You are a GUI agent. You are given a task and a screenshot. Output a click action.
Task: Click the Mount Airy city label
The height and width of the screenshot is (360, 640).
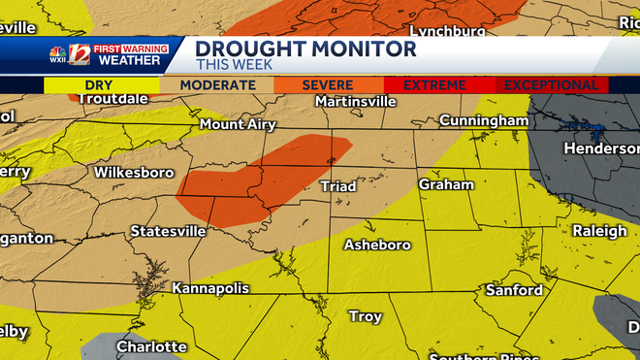(x=238, y=124)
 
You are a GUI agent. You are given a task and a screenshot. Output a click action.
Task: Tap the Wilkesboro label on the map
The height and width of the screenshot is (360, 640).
(x=134, y=173)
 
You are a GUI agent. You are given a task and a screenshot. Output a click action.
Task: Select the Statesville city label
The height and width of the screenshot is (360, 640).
(x=168, y=231)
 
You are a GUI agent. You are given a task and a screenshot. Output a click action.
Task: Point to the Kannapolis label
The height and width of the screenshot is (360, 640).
(x=210, y=288)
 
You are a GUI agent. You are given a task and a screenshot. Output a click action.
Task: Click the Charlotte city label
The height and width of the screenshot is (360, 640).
(x=151, y=346)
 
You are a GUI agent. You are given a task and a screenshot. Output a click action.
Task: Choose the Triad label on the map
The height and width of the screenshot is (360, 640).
(x=337, y=185)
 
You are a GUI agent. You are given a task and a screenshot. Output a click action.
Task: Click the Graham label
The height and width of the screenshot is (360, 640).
(x=446, y=183)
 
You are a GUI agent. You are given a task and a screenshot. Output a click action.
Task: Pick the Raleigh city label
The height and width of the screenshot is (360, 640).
(x=599, y=231)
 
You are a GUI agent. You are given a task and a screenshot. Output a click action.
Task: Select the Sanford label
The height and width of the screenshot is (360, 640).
(x=514, y=290)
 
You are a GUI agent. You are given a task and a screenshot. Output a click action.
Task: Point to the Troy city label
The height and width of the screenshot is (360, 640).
(x=366, y=316)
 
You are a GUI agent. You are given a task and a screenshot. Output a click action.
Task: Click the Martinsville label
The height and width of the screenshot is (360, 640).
(x=356, y=101)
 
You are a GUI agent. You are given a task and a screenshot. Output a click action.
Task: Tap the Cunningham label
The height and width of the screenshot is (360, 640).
(x=483, y=120)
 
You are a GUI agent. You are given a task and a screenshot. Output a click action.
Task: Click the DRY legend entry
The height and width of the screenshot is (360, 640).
(x=100, y=85)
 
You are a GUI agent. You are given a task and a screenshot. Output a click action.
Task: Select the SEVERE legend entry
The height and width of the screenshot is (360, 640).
(x=327, y=85)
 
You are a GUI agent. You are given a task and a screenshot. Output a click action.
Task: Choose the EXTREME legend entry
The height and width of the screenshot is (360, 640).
(x=434, y=85)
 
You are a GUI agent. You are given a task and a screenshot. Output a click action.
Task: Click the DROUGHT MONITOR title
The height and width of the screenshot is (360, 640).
(x=305, y=49)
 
